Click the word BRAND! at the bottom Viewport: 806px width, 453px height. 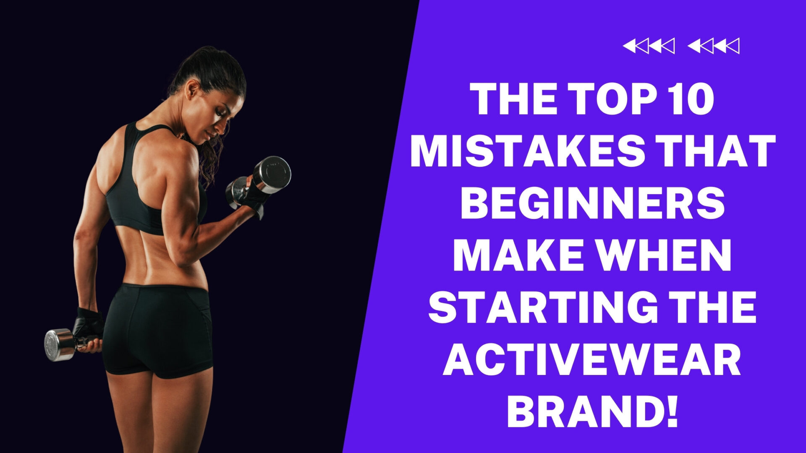(593, 412)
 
